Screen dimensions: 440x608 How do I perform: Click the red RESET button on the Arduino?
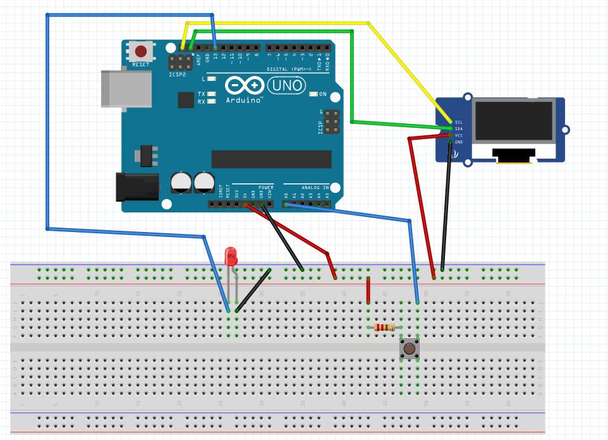pos(141,51)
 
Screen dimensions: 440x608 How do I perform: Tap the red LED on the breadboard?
pos(231,257)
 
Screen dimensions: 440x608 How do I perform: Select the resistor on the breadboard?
pos(384,327)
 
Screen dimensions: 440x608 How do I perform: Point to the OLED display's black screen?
pos(514,121)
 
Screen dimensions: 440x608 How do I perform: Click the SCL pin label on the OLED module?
pos(459,121)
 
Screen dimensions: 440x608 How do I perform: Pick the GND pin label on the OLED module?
pos(459,142)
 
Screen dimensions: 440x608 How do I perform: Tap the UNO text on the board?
pos(287,85)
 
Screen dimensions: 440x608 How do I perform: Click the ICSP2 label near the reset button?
pos(178,75)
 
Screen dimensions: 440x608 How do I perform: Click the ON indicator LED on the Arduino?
pos(313,94)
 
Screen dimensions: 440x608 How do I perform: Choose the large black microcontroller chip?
pos(271,159)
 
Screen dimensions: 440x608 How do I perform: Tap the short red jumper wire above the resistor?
pos(368,290)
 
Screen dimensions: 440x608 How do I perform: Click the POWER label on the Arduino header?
pos(266,188)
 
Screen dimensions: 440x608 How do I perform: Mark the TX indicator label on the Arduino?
pos(202,94)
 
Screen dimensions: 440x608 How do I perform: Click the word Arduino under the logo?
pos(244,99)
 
